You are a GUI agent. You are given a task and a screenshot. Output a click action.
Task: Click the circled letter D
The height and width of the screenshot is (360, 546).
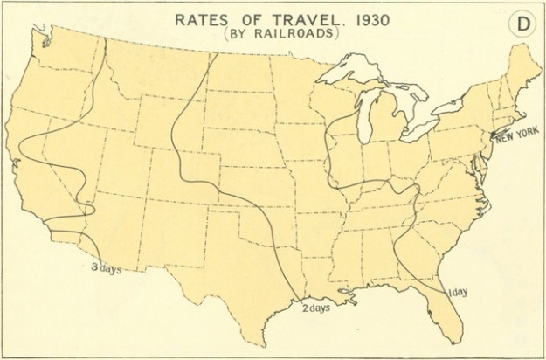[522, 24]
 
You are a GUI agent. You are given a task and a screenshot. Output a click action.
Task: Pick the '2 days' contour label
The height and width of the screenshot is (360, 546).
[316, 308]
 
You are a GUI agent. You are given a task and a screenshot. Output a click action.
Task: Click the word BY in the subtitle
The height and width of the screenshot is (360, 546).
[240, 34]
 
